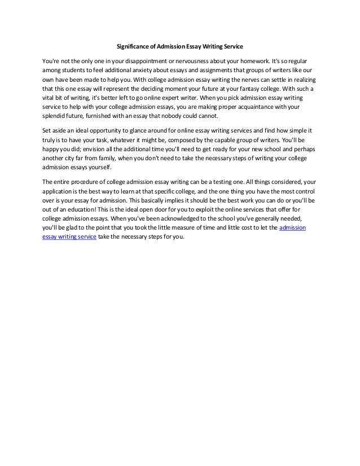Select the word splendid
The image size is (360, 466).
55,116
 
